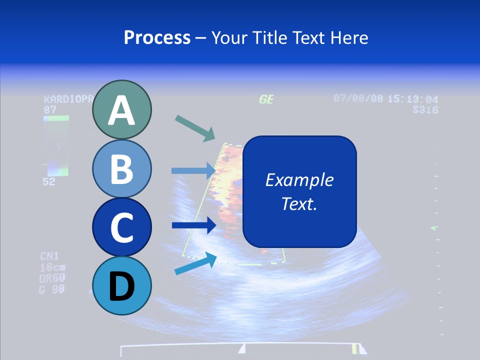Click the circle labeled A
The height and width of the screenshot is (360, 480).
pyautogui.click(x=122, y=109)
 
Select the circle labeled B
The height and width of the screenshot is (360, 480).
pyautogui.click(x=122, y=169)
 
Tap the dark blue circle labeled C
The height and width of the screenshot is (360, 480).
pyautogui.click(x=122, y=227)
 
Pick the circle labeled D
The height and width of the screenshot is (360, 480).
pyautogui.click(x=122, y=285)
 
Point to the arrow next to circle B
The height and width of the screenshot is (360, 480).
pyautogui.click(x=193, y=170)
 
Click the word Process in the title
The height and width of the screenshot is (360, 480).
pyautogui.click(x=157, y=37)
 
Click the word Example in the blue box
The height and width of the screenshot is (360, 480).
pyautogui.click(x=299, y=180)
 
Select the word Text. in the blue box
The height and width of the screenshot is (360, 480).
pyautogui.click(x=299, y=204)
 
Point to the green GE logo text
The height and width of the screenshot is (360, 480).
pyautogui.click(x=266, y=99)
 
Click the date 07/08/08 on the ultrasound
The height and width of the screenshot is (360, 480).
pyautogui.click(x=358, y=98)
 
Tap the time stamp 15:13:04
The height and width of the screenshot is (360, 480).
pyautogui.click(x=412, y=99)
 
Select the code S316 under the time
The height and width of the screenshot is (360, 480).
pyautogui.click(x=425, y=109)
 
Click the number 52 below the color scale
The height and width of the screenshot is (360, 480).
pyautogui.click(x=48, y=182)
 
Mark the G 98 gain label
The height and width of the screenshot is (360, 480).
pyautogui.click(x=52, y=289)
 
